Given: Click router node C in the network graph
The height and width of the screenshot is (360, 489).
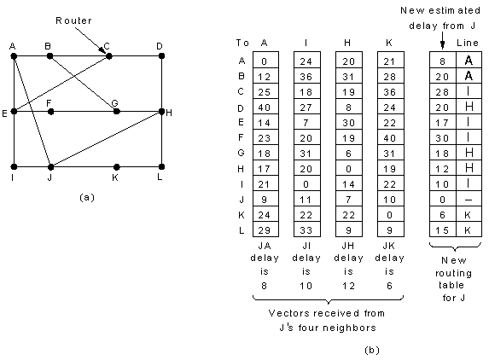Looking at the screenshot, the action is click(x=109, y=56).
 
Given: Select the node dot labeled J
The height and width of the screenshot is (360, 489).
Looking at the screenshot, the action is click(x=50, y=167).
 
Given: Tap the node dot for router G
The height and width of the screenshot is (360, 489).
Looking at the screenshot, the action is click(x=117, y=111).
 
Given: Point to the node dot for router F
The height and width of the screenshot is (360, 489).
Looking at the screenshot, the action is click(x=51, y=111).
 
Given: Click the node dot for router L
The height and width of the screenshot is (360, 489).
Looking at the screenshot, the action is click(x=161, y=166).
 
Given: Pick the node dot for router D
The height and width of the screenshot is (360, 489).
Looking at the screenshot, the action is click(x=161, y=55).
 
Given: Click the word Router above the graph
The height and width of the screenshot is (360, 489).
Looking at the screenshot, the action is click(x=73, y=20).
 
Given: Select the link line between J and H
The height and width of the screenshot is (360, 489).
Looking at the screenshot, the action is click(x=106, y=139).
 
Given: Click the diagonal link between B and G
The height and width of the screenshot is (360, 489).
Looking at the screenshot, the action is click(x=84, y=84).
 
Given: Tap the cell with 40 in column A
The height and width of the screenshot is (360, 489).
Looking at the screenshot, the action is click(x=265, y=107).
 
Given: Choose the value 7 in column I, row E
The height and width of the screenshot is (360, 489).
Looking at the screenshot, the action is click(x=306, y=123).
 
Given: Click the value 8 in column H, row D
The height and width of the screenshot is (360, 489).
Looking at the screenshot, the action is click(x=348, y=107).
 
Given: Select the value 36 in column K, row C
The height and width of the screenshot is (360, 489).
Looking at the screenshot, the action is click(x=390, y=92).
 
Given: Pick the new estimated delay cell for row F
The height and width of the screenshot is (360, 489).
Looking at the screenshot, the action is click(x=442, y=138).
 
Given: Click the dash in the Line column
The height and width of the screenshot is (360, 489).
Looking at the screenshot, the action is click(x=469, y=200).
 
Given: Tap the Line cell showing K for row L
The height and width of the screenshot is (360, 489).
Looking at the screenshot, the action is click(x=468, y=230).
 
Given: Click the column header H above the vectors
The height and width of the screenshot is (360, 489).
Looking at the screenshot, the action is click(x=347, y=43).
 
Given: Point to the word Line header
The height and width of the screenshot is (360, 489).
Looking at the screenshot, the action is click(x=468, y=43).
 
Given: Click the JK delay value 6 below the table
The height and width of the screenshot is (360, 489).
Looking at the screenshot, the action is click(x=389, y=286).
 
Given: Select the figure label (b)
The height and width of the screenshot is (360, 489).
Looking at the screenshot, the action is click(x=372, y=351).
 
